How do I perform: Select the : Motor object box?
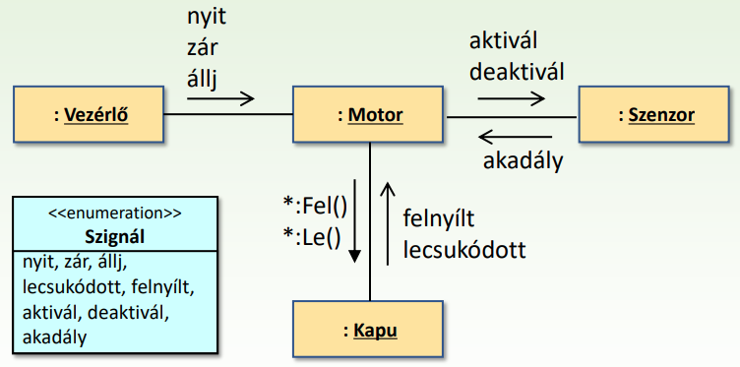pyautogui.click(x=370, y=115)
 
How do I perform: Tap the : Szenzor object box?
pyautogui.click(x=655, y=115)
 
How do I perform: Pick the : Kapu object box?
pyautogui.click(x=370, y=330)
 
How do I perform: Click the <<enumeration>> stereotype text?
pyautogui.click(x=117, y=211)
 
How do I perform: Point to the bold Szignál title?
pyautogui.click(x=117, y=235)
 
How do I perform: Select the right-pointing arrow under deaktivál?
pyautogui.click(x=511, y=97)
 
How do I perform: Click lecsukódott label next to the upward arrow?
pyautogui.click(x=465, y=247)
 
